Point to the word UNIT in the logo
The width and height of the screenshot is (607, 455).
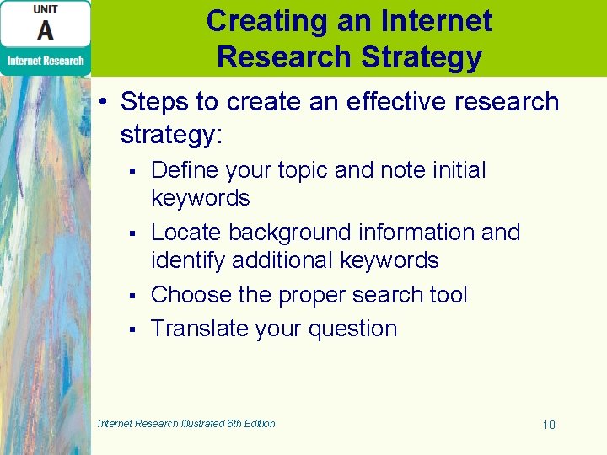(46, 8)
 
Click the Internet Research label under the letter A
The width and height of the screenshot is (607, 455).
(46, 61)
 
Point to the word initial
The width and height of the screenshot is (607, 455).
(458, 170)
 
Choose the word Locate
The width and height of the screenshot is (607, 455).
(186, 233)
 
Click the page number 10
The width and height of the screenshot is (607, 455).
(549, 425)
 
